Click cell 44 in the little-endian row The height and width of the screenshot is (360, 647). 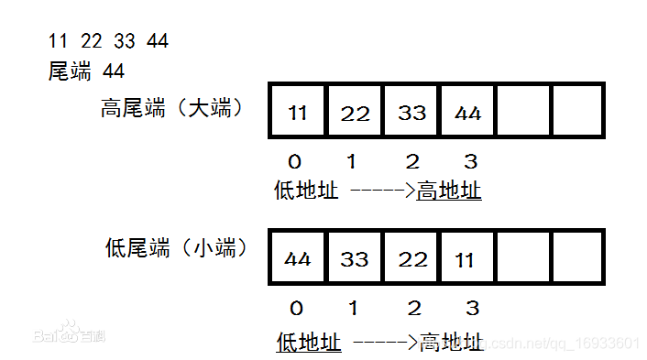pyautogui.click(x=297, y=259)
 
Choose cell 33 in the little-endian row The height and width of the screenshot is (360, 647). pyautogui.click(x=355, y=259)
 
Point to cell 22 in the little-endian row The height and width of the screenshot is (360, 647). pyautogui.click(x=411, y=259)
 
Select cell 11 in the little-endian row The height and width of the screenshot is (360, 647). pyautogui.click(x=467, y=259)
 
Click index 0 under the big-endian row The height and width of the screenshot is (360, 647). pyautogui.click(x=294, y=162)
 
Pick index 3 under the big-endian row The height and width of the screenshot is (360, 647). pyautogui.click(x=470, y=162)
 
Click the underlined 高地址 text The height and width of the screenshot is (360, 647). pyautogui.click(x=449, y=191)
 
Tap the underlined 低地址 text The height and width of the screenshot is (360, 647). pyautogui.click(x=309, y=343)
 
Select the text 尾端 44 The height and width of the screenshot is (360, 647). pyautogui.click(x=86, y=71)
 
